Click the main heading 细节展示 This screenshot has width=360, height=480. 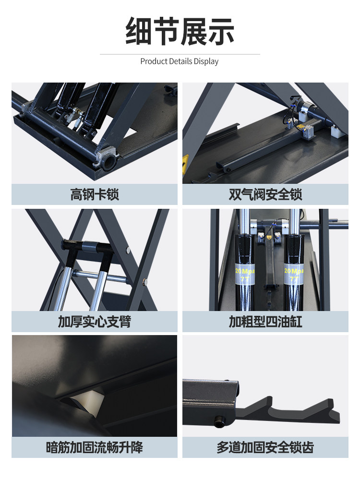click(x=180, y=31)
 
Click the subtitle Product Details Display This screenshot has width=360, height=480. click(x=180, y=61)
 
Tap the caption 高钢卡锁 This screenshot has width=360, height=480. click(x=95, y=194)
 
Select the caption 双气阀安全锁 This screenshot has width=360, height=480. click(x=265, y=194)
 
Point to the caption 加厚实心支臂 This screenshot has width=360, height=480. click(x=95, y=322)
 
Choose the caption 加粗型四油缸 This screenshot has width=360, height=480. click(x=265, y=322)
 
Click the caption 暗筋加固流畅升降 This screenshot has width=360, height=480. click(x=95, y=447)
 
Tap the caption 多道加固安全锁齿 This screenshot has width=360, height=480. click(x=265, y=447)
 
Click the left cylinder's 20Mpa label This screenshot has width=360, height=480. click(x=245, y=274)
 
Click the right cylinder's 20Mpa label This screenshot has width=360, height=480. click(x=294, y=274)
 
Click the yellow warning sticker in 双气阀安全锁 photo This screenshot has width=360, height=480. click(x=185, y=164)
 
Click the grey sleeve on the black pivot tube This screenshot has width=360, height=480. click(x=90, y=247)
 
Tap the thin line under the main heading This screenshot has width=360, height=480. click(x=180, y=54)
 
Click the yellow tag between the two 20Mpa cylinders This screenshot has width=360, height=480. click(x=269, y=237)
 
